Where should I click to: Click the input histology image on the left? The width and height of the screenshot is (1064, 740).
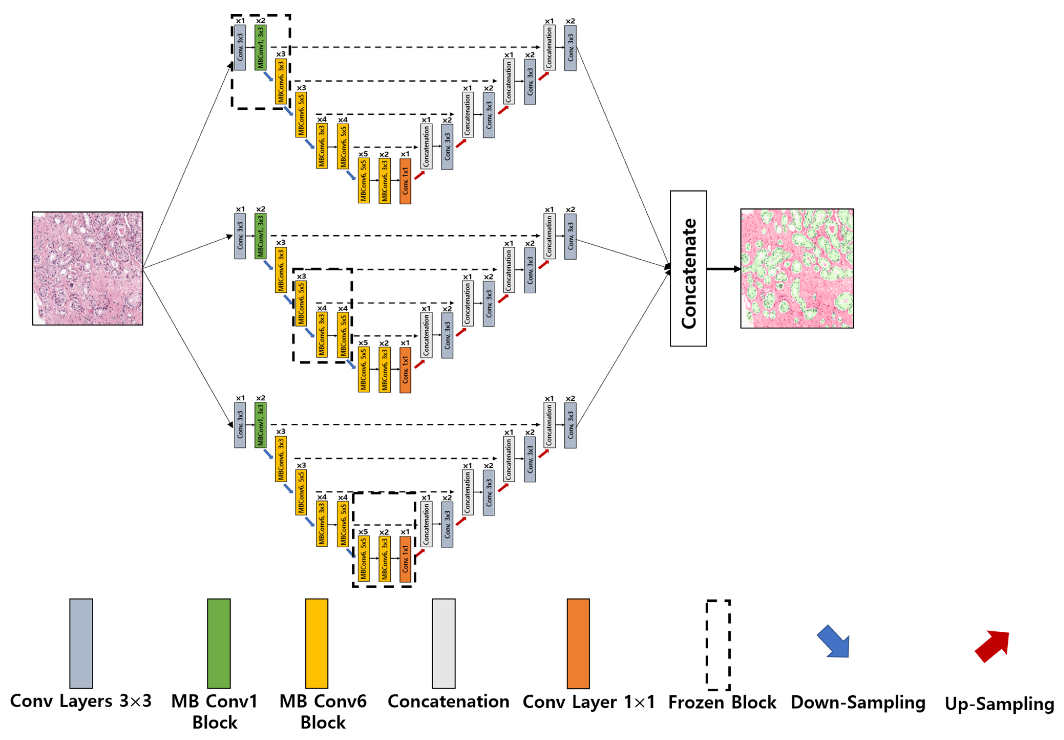click(88, 268)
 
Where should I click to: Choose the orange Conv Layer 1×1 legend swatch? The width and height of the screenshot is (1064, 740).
click(578, 643)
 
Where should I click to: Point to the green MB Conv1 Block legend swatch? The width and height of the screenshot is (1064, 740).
click(219, 643)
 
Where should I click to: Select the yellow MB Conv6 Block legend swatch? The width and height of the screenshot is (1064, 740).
click(316, 643)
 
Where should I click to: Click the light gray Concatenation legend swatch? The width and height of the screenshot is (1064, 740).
click(444, 643)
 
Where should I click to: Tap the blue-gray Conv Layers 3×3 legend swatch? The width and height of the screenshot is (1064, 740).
click(81, 643)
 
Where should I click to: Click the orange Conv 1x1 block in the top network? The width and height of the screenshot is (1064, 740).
click(405, 181)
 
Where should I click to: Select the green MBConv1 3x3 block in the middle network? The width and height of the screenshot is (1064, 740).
click(260, 236)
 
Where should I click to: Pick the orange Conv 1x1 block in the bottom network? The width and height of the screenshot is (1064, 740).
click(405, 559)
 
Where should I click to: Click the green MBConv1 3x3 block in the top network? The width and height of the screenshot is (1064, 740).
click(260, 47)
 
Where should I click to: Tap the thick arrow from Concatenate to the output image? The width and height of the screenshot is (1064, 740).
click(723, 269)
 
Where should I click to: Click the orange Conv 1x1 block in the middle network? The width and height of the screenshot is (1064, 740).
click(405, 370)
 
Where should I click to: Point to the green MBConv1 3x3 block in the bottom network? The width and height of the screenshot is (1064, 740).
click(260, 425)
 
